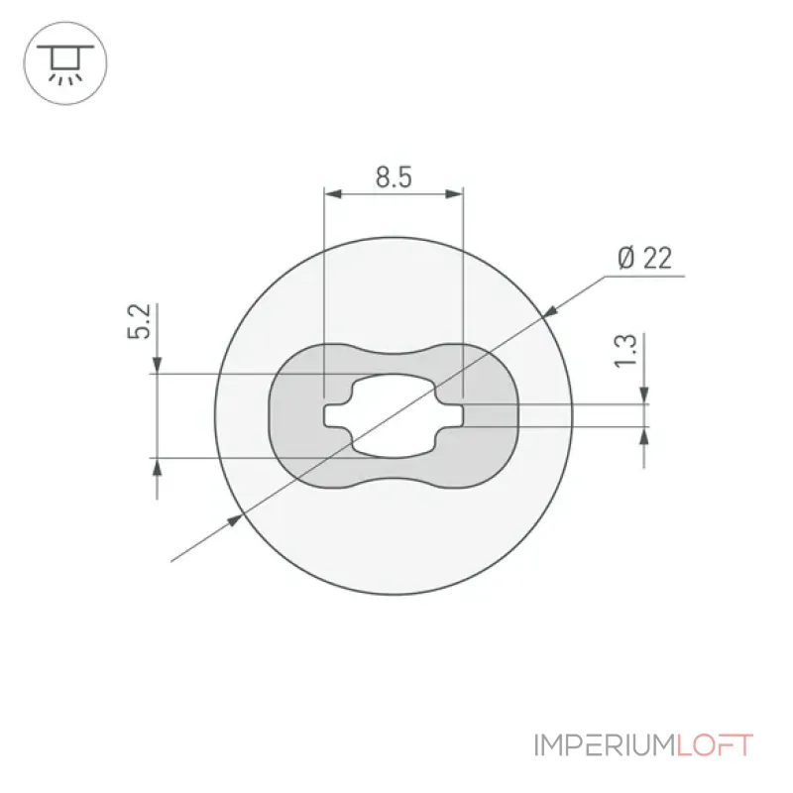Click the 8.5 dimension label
394,177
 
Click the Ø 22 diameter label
645,258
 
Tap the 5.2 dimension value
139,321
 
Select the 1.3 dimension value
625,350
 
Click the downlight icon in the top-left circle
65,63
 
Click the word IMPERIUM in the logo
606,745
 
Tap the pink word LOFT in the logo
715,745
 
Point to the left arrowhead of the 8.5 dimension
333,193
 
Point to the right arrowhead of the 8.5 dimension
454,193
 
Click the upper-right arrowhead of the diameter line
549,311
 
